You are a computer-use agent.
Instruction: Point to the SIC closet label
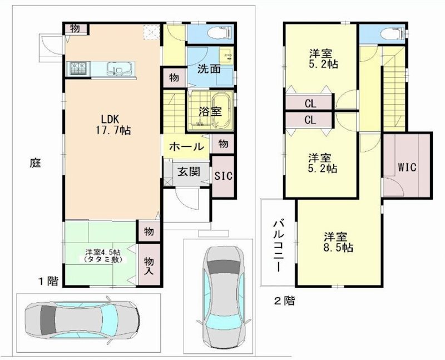point(223,176)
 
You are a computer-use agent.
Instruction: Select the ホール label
point(186,147)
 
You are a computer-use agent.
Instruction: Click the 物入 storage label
point(149,265)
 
